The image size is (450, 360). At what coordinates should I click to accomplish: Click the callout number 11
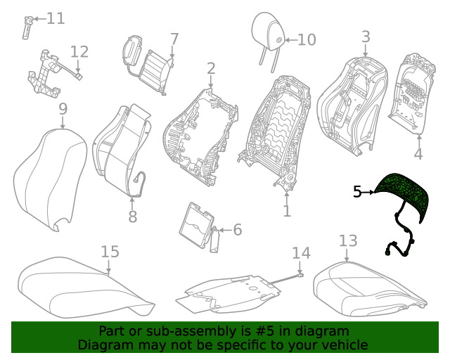pos(56,18)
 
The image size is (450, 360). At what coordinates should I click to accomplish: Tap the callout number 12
pos(79,51)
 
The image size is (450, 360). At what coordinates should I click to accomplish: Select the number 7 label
pos(174,39)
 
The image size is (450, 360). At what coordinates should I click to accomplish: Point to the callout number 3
pos(366,36)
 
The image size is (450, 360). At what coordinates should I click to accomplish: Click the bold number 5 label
pos(357,191)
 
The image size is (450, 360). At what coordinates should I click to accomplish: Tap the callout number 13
pos(348,242)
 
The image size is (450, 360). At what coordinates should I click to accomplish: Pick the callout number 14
pos(300,253)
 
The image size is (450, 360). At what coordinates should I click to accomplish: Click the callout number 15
pos(110,252)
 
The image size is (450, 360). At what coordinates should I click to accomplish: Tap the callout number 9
pos(63,109)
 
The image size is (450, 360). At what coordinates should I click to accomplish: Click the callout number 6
pos(237,229)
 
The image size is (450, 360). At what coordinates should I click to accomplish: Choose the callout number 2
pos(210,68)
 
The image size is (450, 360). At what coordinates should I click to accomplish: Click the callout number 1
pos(286,210)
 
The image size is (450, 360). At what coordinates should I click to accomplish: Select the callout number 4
pos(418,154)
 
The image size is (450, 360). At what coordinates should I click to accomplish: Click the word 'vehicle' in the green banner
pos(343,345)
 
